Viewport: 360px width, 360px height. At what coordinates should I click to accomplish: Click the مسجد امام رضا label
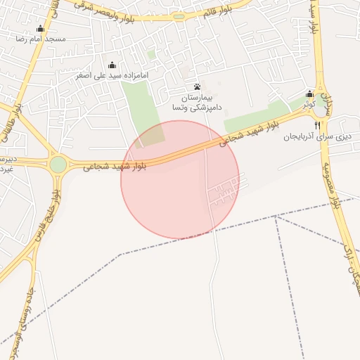pyautogui.click(x=40, y=39)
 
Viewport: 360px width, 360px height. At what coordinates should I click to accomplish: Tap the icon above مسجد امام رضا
pyautogui.click(x=40, y=29)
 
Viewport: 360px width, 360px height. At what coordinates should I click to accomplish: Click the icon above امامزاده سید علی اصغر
pyautogui.click(x=112, y=65)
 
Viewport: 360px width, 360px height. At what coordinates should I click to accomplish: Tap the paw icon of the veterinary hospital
pyautogui.click(x=197, y=86)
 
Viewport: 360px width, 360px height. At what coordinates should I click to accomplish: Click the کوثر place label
pyautogui.click(x=309, y=104)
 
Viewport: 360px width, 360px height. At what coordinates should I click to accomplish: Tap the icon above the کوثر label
pyautogui.click(x=309, y=94)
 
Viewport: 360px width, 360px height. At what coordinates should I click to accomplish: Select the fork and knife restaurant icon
pyautogui.click(x=318, y=125)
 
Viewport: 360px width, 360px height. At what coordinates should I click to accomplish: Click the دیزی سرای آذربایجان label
pyautogui.click(x=318, y=136)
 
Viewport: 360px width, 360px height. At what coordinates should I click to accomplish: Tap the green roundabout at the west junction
pyautogui.click(x=58, y=165)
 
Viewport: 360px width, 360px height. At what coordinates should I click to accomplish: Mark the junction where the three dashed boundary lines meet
pyautogui.click(x=276, y=217)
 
